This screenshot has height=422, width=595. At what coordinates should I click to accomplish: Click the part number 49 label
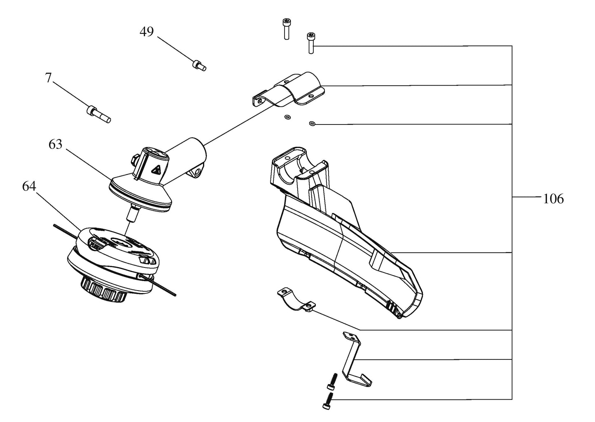point(147,32)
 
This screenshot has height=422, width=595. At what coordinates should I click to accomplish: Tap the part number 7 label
point(48,78)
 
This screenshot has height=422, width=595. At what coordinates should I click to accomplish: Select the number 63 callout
point(55,144)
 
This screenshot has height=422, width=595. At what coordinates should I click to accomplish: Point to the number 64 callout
point(29,186)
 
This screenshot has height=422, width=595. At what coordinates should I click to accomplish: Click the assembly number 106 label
point(553,199)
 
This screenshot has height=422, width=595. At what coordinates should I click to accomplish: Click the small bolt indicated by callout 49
point(199,66)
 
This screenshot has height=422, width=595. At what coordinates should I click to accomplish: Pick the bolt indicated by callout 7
point(98,114)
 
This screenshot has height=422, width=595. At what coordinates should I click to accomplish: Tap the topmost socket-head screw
point(286,29)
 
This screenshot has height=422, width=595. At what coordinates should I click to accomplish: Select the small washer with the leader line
point(313,123)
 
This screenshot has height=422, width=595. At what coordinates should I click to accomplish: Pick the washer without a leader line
point(287,117)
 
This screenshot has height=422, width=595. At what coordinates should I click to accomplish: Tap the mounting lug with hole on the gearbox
point(197,171)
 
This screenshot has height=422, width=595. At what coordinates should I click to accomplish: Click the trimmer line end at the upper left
point(54,225)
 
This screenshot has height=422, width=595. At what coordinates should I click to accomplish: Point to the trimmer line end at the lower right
point(175,295)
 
